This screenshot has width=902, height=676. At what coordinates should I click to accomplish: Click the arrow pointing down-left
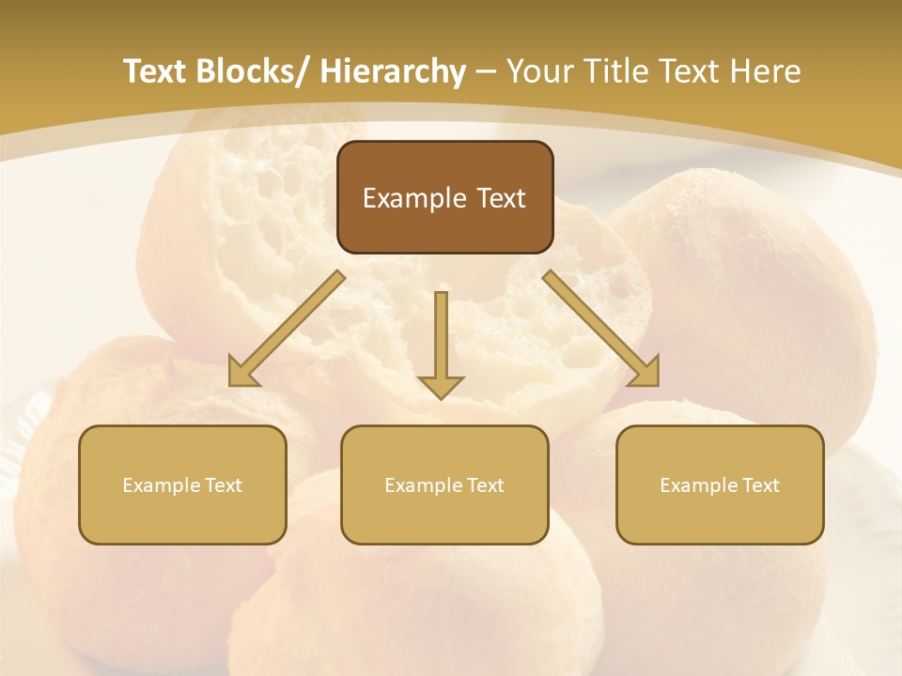click(x=287, y=329)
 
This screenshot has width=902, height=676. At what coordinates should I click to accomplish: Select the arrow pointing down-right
click(x=601, y=329)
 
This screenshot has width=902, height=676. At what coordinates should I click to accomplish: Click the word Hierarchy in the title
click(x=392, y=72)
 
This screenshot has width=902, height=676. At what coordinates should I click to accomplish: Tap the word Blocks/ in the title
click(x=254, y=72)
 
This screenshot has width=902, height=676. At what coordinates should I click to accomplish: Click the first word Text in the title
click(x=156, y=72)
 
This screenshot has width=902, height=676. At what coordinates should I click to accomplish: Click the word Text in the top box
click(x=500, y=199)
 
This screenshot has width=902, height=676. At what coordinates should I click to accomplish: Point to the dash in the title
click(x=486, y=72)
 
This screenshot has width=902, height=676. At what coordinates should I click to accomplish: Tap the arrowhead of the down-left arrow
click(x=242, y=373)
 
